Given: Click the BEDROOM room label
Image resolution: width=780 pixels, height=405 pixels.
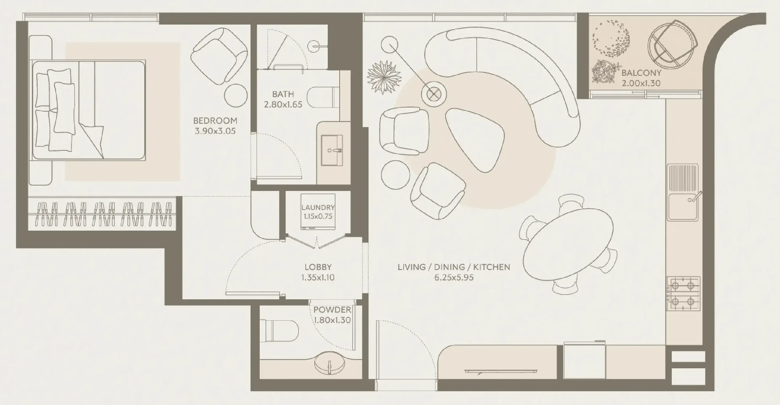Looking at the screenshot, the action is pyautogui.click(x=215, y=121).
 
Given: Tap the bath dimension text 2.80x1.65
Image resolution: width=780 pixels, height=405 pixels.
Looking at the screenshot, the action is pyautogui.click(x=283, y=105).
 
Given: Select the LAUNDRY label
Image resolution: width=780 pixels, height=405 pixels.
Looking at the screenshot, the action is pyautogui.click(x=318, y=207).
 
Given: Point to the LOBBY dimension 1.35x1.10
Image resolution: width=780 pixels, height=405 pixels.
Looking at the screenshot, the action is pyautogui.click(x=318, y=277).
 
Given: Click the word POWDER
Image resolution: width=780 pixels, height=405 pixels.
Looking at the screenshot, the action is pyautogui.click(x=332, y=310).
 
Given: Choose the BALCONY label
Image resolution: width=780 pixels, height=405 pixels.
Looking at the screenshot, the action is pyautogui.click(x=641, y=73).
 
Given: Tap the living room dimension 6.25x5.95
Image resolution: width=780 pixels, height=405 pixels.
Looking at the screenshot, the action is pyautogui.click(x=454, y=277).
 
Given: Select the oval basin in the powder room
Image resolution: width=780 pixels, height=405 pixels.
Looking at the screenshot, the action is pyautogui.click(x=330, y=363).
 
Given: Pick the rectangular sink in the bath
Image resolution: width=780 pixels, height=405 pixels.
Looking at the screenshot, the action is pyautogui.click(x=332, y=150).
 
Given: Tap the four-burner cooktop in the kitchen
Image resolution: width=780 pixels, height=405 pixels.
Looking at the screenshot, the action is pyautogui.click(x=683, y=293).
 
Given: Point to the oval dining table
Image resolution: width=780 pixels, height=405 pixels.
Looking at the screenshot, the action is pyautogui.click(x=568, y=244).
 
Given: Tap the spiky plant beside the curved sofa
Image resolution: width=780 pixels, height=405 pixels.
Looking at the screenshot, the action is pyautogui.click(x=384, y=77).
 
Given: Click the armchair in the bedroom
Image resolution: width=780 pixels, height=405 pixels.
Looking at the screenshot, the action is pyautogui.click(x=219, y=56).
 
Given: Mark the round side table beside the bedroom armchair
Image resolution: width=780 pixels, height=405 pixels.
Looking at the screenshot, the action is pyautogui.click(x=236, y=95).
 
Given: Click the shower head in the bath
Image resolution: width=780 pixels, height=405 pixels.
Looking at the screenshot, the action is pyautogui.click(x=314, y=46).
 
